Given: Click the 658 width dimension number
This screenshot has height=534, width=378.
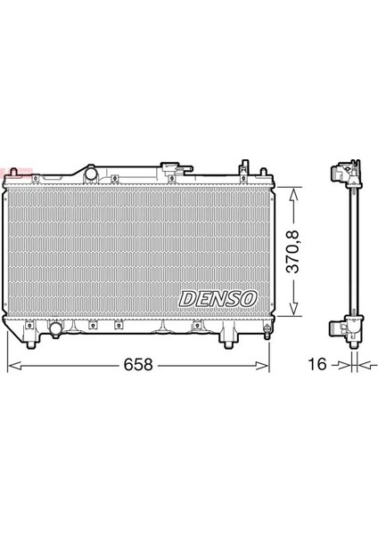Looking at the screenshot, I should (x=138, y=366).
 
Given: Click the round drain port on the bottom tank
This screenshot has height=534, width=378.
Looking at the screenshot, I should (x=57, y=330).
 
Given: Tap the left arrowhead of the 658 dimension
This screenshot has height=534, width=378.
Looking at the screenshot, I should (x=12, y=365).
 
